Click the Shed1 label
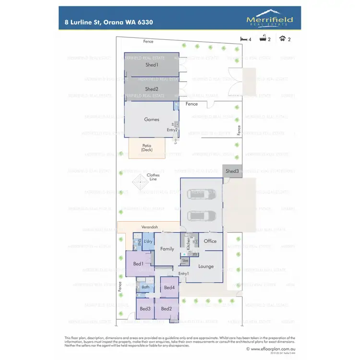152,64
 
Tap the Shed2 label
152,89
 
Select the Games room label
152,120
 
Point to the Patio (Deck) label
147,148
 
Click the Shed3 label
232,171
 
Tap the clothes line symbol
140,182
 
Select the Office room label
210,241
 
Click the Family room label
167,249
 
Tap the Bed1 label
138,264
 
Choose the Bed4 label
169,287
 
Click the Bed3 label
145,309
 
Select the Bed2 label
167,309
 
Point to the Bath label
145,287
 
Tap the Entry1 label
183,274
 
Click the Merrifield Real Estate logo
269,20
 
